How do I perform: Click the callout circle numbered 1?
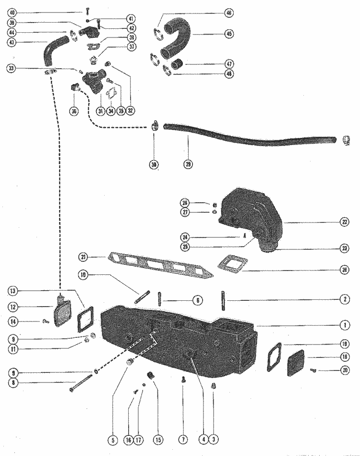(x=344, y=325)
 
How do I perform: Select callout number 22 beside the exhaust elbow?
(x=344, y=223)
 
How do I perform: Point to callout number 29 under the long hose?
(x=188, y=164)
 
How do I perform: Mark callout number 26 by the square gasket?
(x=344, y=270)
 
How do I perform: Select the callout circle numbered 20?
(x=344, y=370)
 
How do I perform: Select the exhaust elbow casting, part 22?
(x=250, y=211)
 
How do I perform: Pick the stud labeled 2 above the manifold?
(x=224, y=301)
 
